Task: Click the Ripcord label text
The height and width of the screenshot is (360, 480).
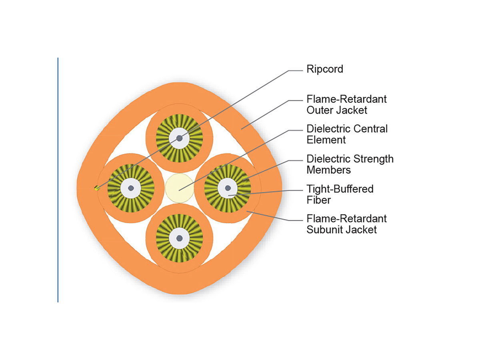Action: [x=324, y=69]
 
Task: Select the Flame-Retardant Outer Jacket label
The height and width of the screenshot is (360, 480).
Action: [x=346, y=104]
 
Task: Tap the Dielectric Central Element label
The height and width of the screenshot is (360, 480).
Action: [x=347, y=134]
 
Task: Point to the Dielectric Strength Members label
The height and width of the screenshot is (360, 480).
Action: [x=350, y=164]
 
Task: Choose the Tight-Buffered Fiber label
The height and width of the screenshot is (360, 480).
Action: [x=340, y=194]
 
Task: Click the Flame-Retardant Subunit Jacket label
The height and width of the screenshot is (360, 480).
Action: [x=346, y=224]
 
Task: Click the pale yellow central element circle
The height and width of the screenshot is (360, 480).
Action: [x=179, y=188]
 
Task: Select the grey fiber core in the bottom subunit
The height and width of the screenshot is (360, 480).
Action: [x=180, y=238]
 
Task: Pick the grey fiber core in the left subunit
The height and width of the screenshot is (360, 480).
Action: [x=131, y=188]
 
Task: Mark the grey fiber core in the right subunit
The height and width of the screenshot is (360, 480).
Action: [x=228, y=188]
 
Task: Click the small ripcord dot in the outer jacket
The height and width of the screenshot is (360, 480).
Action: [x=96, y=188]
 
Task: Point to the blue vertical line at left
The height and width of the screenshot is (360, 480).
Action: [x=58, y=180]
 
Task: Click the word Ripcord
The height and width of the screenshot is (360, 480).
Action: [x=324, y=69]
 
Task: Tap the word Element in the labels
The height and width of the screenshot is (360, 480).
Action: [x=326, y=140]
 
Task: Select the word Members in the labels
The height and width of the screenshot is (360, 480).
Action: [x=328, y=170]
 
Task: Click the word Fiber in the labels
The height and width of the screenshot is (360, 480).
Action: [x=319, y=200]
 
